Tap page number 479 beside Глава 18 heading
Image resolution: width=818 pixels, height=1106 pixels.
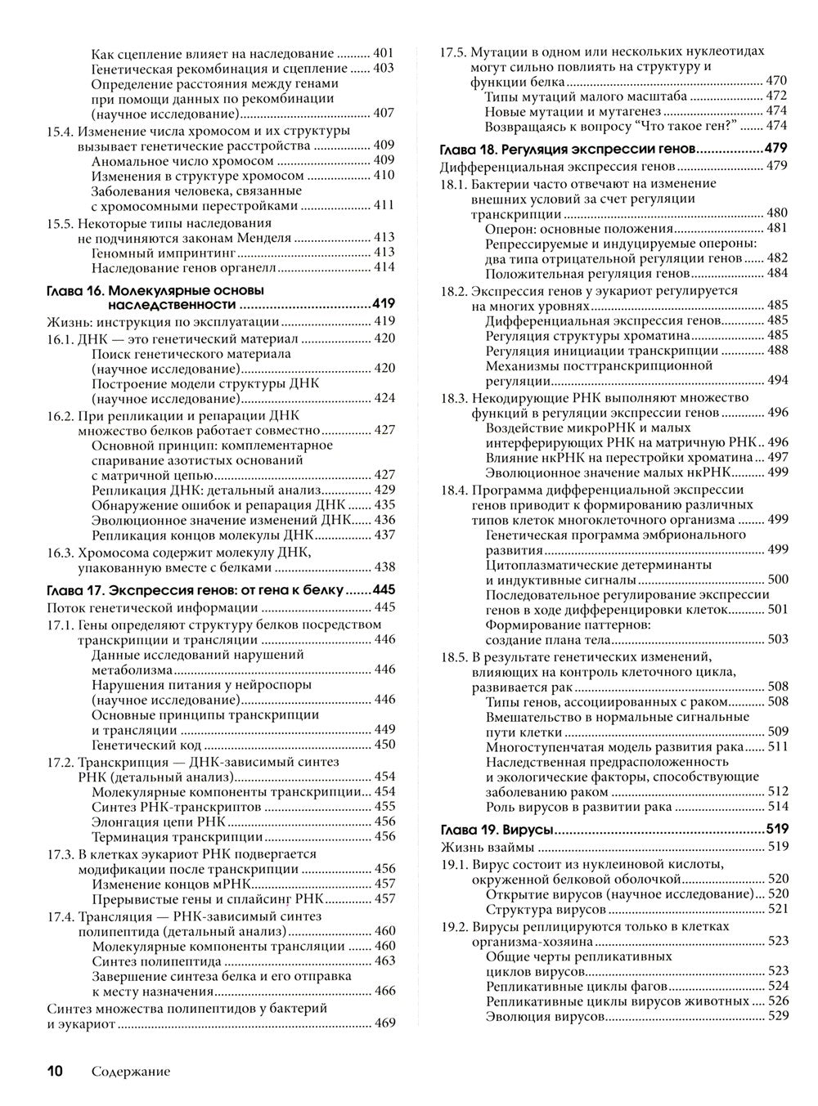point(775,149)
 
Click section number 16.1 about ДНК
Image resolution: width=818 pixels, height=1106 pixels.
point(61,338)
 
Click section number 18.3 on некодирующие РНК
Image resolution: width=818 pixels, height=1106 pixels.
point(454,398)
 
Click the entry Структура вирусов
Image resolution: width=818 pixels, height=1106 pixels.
point(546,909)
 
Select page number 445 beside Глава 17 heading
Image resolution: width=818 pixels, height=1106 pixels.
point(384,590)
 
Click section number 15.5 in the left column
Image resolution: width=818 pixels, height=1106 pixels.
point(61,222)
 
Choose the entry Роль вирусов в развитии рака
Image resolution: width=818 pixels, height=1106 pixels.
point(578,807)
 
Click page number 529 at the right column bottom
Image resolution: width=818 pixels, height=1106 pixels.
point(778,1016)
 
